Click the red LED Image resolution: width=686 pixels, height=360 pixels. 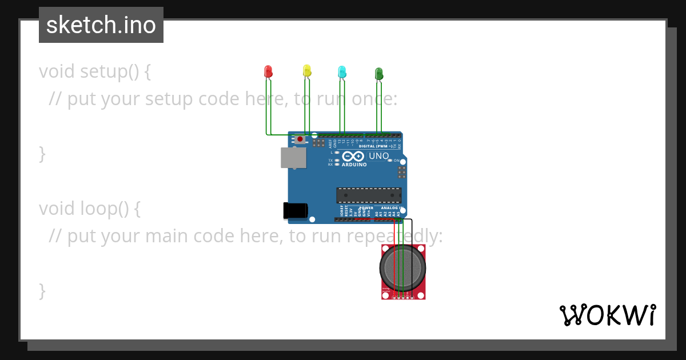pos(268,71)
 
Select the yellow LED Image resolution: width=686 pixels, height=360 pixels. pos(307,71)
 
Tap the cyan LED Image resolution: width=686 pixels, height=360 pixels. pos(342,71)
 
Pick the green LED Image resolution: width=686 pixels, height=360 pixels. pos(378,73)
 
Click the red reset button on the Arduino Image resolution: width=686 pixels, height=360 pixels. pos(300,138)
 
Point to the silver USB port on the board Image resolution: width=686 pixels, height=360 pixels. pos(293,158)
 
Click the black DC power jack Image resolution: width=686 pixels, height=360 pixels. pos(296,211)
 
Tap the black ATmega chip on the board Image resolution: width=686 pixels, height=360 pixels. pos(369,195)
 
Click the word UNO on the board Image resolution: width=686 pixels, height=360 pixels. pos(378,156)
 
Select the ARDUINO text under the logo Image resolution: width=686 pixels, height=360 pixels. pos(354,165)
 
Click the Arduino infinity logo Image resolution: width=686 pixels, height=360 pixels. pos(354,156)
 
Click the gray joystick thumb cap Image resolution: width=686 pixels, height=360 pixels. pos(403,269)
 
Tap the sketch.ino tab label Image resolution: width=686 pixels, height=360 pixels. pos(101,25)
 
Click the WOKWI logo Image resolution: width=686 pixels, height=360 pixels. pos(607,315)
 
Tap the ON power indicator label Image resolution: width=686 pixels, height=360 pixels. pos(396,161)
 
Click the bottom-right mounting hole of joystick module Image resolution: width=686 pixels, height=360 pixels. pos(421,295)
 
